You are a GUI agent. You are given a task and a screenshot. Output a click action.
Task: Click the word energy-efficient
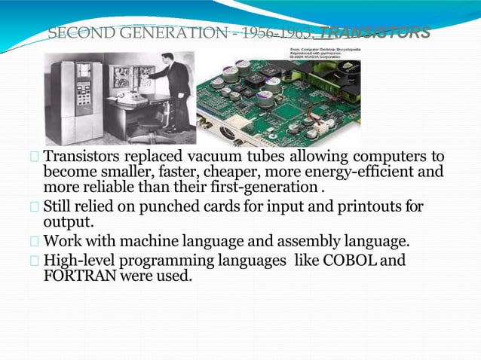[363, 172]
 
